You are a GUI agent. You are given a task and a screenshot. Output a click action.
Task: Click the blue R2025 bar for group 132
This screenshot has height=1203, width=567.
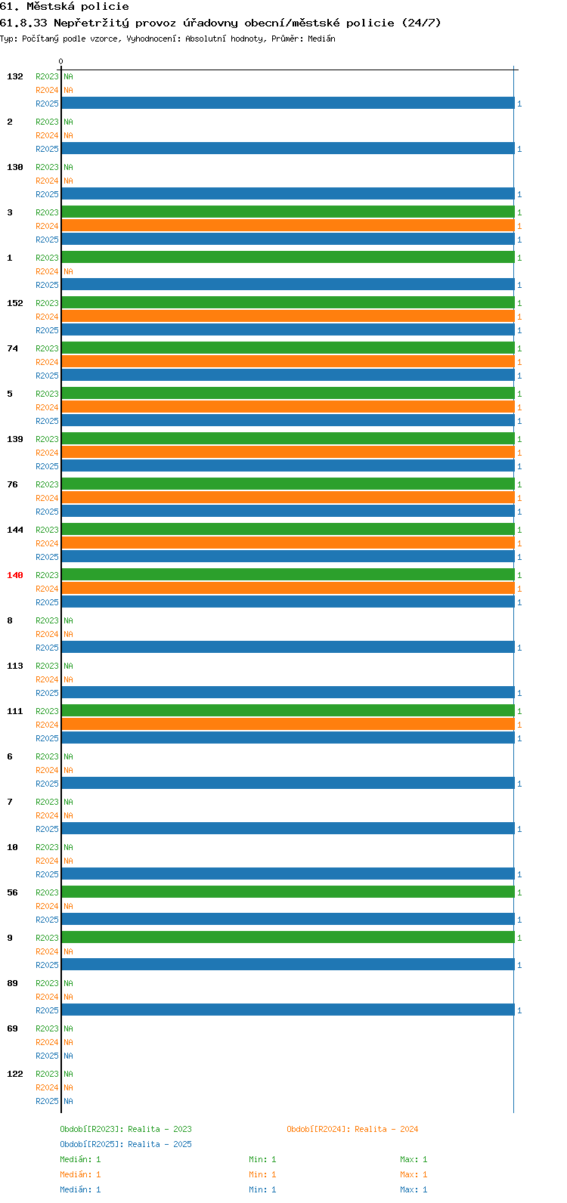(288, 103)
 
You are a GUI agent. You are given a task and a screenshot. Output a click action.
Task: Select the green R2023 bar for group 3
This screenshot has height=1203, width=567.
(288, 212)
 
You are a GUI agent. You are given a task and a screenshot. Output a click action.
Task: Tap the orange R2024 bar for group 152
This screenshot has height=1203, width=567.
(288, 317)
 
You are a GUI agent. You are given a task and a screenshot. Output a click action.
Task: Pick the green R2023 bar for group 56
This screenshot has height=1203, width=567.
(288, 892)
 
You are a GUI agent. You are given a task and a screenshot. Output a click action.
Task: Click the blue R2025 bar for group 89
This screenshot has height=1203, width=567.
(288, 1010)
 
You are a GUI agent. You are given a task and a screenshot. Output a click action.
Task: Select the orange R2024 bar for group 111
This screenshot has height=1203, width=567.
(288, 725)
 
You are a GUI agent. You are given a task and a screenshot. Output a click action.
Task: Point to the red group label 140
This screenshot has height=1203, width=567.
(15, 575)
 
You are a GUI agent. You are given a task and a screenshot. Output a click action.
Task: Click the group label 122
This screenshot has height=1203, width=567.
(15, 1074)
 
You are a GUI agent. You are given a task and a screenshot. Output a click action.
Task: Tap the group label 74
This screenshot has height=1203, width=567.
(12, 348)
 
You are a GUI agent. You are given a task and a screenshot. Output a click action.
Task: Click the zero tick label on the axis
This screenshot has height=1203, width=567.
(60, 61)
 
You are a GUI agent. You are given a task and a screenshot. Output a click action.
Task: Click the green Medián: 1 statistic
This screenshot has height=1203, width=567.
(80, 1159)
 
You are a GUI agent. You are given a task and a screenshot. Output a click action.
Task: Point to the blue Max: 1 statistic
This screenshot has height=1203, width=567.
(414, 1189)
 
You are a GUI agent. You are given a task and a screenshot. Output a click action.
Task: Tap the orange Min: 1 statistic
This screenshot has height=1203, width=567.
(262, 1174)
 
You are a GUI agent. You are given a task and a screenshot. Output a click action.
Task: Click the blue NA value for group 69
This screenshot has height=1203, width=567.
(68, 1056)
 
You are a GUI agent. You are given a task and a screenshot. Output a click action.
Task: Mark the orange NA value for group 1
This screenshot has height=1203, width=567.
(68, 271)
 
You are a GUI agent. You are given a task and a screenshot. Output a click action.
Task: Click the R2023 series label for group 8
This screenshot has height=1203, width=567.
(47, 620)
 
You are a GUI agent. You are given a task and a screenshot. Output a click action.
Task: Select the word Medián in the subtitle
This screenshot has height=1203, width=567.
(321, 39)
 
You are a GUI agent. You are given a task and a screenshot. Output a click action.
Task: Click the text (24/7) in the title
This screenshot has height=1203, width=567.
(421, 23)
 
